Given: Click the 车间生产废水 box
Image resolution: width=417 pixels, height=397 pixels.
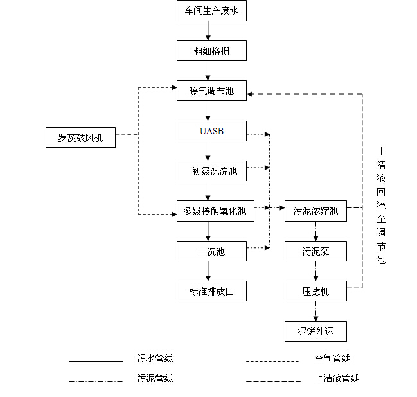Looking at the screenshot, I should pos(211,11).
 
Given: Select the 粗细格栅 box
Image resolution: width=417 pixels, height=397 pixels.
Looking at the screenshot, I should pos(211,51).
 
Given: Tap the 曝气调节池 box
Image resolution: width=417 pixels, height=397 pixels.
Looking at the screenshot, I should pos(211,91).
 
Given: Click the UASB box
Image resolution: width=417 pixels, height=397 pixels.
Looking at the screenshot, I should pos(211,132).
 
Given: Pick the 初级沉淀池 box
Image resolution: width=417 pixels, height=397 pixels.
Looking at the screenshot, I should pos(211,172).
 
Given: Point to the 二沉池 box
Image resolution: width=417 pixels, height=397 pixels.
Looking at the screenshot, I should pos(211,251).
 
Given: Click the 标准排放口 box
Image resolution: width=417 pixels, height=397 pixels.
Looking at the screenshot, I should pos(211,291).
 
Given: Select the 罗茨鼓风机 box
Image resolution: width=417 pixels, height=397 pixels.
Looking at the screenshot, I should pos(81,137).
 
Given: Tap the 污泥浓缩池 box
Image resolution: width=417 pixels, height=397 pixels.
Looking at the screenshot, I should pos(315,211).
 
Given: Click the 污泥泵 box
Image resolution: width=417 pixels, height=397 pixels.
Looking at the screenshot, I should pos(315,251).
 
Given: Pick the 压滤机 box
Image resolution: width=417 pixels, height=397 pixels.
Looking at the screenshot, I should pos(315,291).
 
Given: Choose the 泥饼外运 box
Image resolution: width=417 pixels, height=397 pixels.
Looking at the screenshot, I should pos(315,331).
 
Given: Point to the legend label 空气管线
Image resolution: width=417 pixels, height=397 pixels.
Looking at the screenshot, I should pos(332,358).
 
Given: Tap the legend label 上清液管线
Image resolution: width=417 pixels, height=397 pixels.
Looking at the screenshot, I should pos(337,378).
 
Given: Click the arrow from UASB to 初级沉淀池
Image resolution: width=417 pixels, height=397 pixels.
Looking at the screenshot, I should pos(208,152).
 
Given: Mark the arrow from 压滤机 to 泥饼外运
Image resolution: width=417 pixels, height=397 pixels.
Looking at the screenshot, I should pos(315,312).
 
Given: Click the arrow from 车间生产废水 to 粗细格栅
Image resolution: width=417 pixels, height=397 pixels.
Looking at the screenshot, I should pos(208,31).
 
